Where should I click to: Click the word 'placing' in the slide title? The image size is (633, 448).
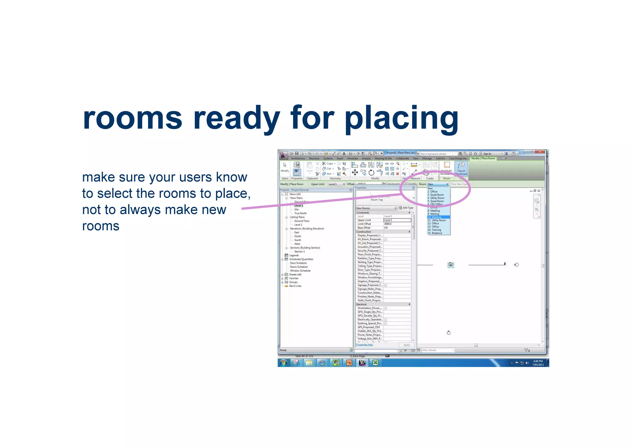pyautogui.click(x=401, y=118)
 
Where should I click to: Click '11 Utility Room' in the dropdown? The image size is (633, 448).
pyautogui.click(x=437, y=220)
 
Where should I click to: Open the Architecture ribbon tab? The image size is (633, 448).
pyautogui.click(x=298, y=159)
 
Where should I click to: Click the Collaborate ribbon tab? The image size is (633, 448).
pyautogui.click(x=402, y=159)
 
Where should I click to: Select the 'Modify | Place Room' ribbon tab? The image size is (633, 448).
pyautogui.click(x=483, y=159)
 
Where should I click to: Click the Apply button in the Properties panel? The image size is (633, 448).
pyautogui.click(x=406, y=345)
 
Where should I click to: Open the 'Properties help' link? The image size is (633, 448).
pyautogui.click(x=364, y=345)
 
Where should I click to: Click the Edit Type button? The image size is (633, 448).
pyautogui.click(x=406, y=208)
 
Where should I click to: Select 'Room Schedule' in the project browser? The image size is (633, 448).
pyautogui.click(x=299, y=267)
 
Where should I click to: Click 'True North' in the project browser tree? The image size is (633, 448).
pyautogui.click(x=300, y=213)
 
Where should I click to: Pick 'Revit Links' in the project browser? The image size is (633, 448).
pyautogui.click(x=295, y=286)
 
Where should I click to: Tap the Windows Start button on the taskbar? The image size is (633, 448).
pyautogui.click(x=283, y=363)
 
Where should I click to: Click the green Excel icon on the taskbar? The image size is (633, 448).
pyautogui.click(x=376, y=363)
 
